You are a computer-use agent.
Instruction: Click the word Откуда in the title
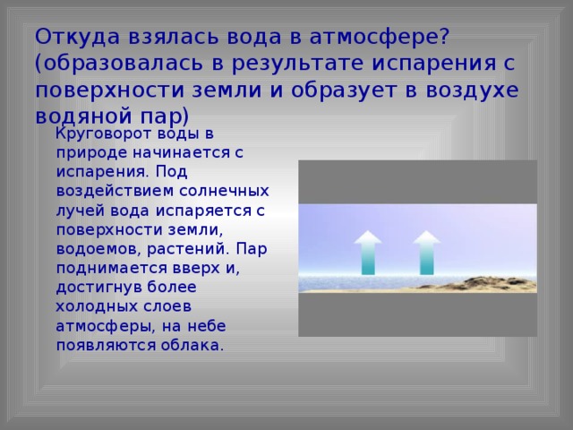[78, 38]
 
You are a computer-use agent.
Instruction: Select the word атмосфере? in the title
[379, 38]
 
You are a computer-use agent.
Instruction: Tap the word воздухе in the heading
[472, 90]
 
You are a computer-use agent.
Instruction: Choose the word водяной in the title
[83, 116]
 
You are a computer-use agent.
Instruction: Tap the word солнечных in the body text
[225, 191]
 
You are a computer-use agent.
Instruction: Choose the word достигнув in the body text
[98, 288]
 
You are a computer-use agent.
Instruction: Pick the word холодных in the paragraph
[97, 306]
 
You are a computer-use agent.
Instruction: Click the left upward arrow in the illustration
[368, 253]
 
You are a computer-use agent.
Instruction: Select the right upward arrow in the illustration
[426, 253]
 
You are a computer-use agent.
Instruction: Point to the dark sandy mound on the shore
[486, 284]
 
